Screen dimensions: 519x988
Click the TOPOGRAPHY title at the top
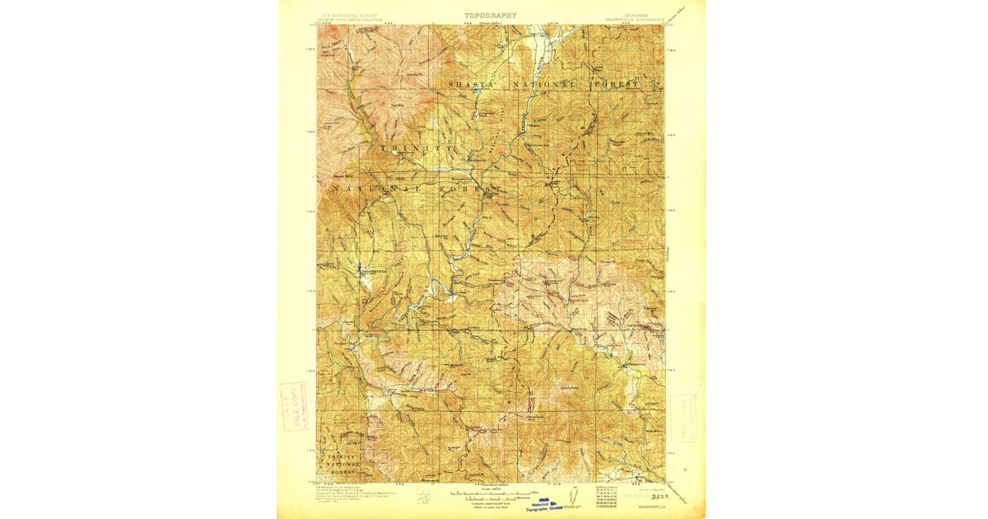pos(491,15)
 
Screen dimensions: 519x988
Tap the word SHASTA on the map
pos(472,85)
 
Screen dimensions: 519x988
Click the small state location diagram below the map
pos(425,498)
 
